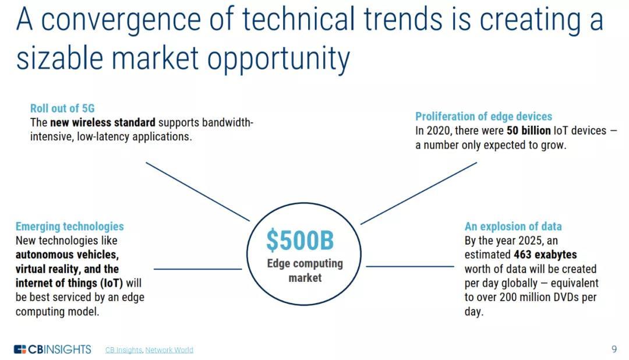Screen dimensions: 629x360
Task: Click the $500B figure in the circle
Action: coord(300,241)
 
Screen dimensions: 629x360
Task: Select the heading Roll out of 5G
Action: coord(62,108)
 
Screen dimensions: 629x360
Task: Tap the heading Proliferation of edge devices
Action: coord(483,117)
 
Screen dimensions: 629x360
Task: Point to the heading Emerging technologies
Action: coord(70,227)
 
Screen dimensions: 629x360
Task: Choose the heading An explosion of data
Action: coord(513,227)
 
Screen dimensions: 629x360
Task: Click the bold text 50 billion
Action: coord(529,130)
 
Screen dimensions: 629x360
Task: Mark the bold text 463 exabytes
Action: coord(545,255)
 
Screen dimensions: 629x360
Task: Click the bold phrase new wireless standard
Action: coord(103,122)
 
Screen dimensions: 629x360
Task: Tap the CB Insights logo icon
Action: coord(20,349)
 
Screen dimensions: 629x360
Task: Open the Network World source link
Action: coord(169,350)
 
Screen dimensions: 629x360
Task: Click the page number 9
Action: coord(614,349)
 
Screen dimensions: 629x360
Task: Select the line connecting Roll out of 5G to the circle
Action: coord(198,192)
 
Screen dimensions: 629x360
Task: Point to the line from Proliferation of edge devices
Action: coord(419,193)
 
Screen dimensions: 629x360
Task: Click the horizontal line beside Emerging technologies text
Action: coord(198,269)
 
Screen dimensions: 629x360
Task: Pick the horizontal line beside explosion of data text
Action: coord(410,266)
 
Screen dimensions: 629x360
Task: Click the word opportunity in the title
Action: coord(278,59)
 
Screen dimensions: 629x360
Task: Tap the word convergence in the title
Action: coord(121,20)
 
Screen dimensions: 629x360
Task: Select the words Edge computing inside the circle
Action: coord(305,264)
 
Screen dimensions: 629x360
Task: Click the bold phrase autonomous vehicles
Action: coord(67,255)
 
